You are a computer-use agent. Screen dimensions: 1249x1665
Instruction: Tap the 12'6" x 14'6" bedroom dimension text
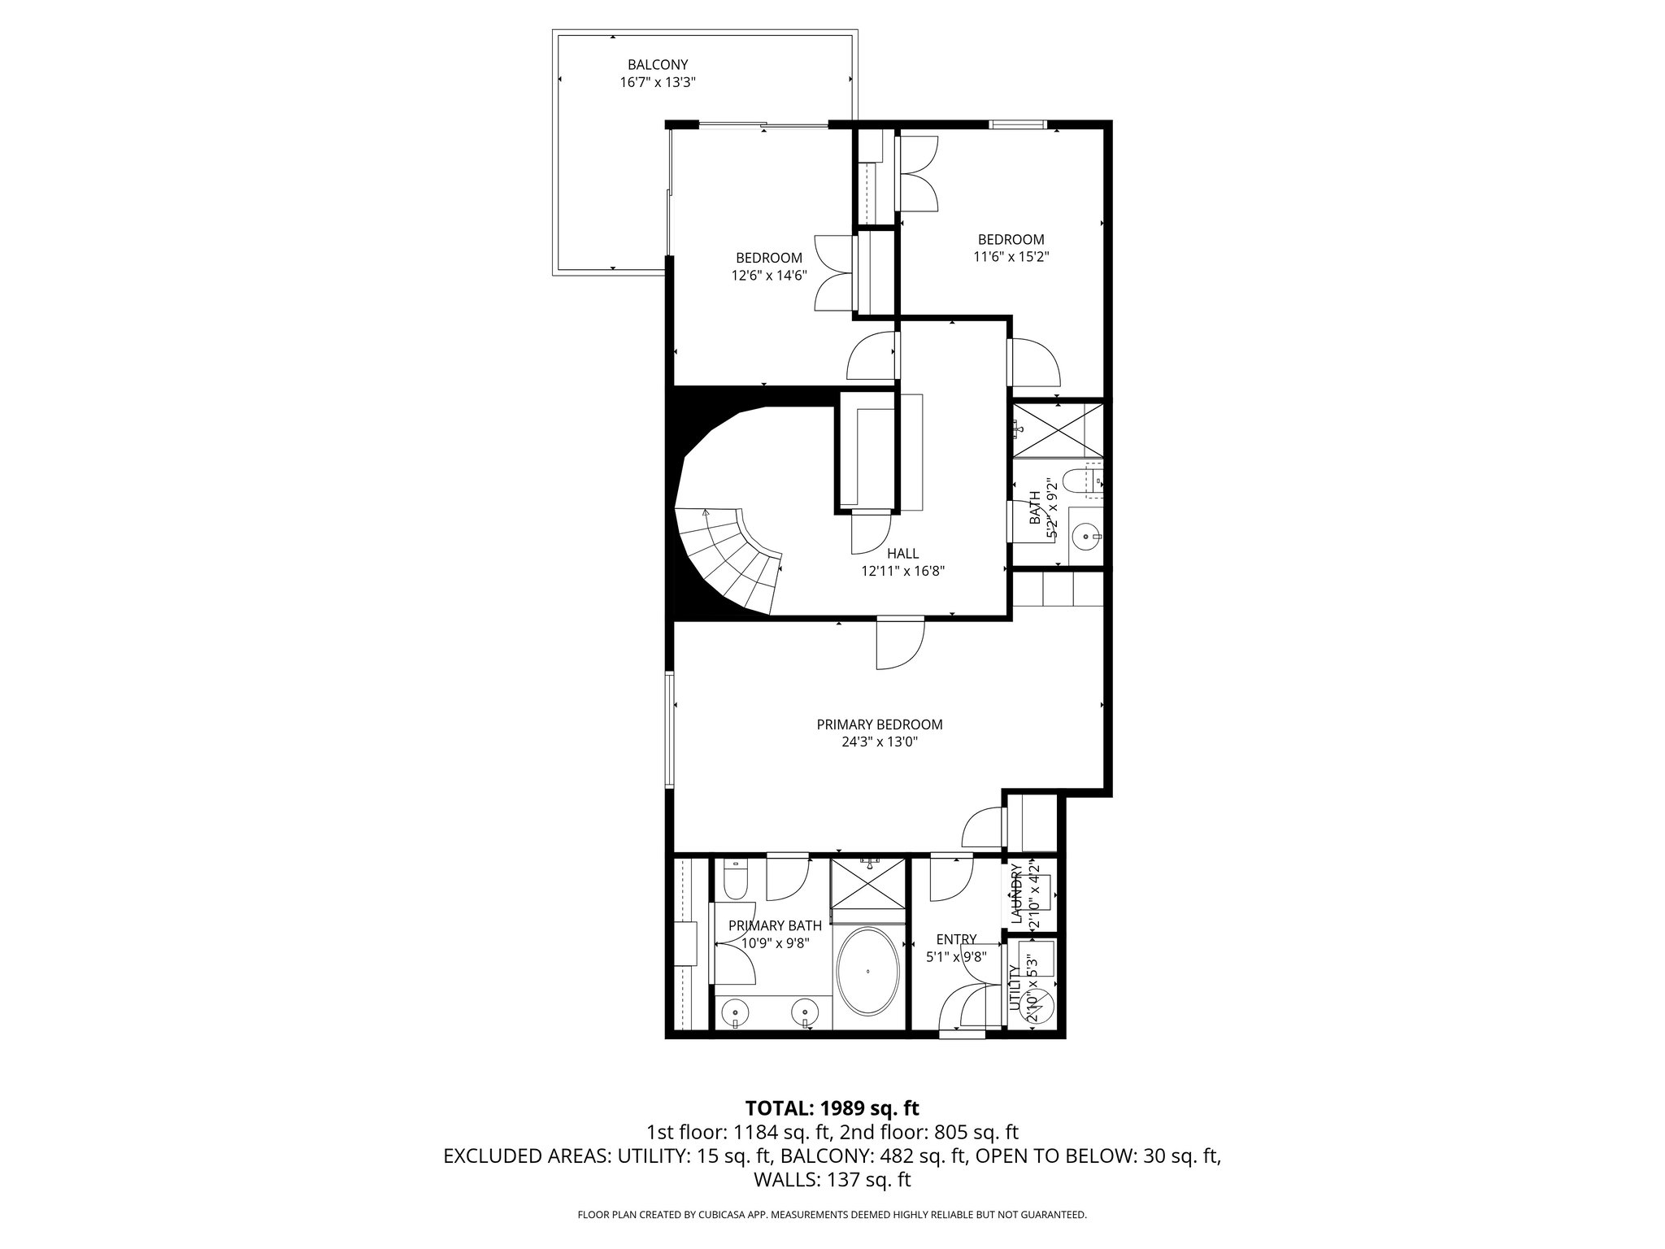click(x=768, y=276)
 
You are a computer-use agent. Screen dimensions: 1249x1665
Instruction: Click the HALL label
click(x=902, y=554)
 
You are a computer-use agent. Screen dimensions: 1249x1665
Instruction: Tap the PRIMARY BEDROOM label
click(x=880, y=725)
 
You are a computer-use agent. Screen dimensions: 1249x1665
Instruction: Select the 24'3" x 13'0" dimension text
click(x=880, y=742)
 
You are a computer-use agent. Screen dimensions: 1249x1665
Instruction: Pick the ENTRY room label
click(x=956, y=939)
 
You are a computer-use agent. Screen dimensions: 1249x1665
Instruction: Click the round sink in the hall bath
click(x=1085, y=536)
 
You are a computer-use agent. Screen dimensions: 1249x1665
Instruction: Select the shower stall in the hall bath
click(x=1058, y=429)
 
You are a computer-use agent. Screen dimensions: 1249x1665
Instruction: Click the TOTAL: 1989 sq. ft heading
click(x=832, y=1108)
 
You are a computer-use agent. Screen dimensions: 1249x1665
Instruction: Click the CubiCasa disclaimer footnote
click(x=832, y=1215)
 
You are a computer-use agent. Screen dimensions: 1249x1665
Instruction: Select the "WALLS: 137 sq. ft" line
click(x=832, y=1179)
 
